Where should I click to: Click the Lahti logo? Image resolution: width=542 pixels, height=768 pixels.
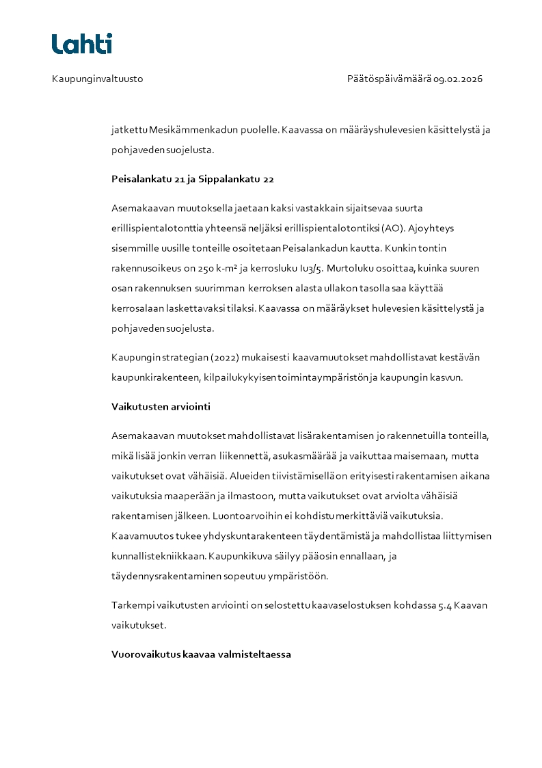click(x=82, y=44)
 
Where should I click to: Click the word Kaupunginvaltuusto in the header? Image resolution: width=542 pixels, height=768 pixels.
click(x=97, y=79)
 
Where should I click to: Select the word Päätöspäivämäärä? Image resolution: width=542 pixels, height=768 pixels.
click(x=389, y=79)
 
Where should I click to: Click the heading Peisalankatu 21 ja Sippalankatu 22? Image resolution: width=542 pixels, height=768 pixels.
click(x=193, y=179)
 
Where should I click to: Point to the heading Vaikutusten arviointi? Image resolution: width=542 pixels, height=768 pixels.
click(x=161, y=406)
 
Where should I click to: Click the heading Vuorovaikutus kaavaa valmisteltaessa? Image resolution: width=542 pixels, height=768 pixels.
click(x=201, y=654)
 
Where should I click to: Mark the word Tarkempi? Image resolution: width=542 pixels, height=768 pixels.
click(x=133, y=605)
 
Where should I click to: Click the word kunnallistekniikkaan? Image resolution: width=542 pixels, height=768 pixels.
click(x=157, y=556)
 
